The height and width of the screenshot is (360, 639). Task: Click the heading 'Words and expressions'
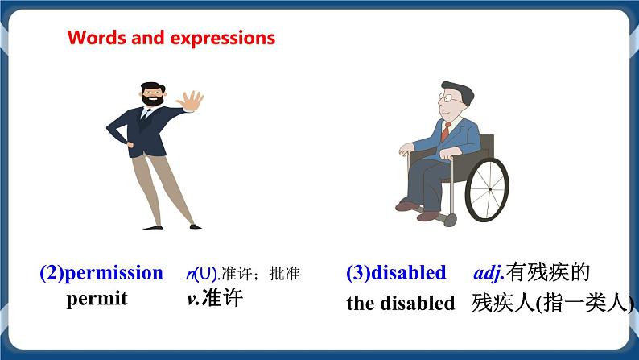pos(171,38)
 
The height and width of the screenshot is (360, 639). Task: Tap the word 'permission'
pos(113,273)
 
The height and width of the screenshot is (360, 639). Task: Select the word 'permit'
pos(97,299)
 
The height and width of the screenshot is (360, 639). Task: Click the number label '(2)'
pos(52,273)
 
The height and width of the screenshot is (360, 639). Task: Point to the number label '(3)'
pos(358,273)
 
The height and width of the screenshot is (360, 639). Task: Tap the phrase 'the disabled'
pos(400,304)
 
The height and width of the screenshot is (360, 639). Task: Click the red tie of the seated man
pos(445,131)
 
